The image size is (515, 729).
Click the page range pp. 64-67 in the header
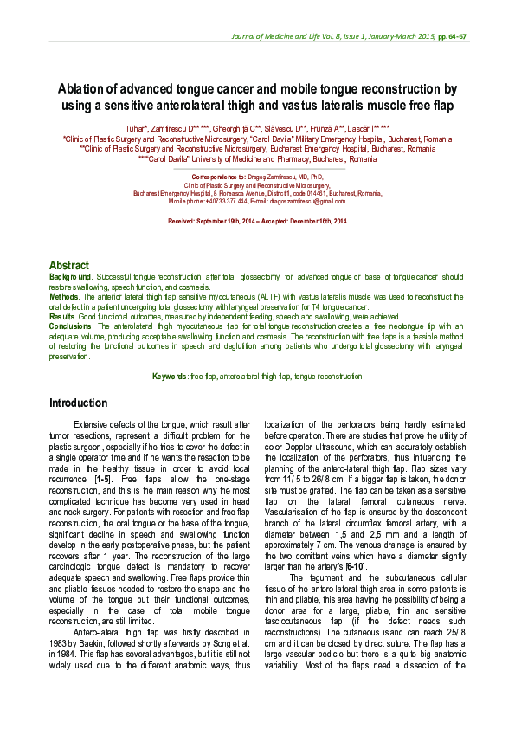pos(452,37)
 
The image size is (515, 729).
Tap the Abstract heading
pos(69,265)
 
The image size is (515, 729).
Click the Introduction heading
pos(78,403)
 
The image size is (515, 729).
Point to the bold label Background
pos(70,276)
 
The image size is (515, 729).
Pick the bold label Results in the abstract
pos(63,318)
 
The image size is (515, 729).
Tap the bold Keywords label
pos(170,377)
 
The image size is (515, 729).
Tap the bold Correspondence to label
pos(223,177)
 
